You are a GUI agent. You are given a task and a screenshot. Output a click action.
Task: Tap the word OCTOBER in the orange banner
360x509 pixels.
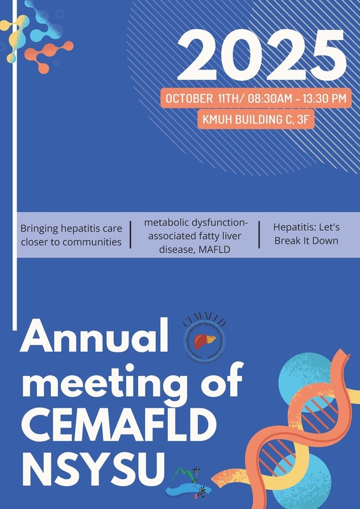tap(189, 99)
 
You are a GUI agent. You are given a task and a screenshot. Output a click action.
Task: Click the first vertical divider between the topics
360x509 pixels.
tap(130, 234)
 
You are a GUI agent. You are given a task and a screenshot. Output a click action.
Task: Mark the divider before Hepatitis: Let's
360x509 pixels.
tap(260, 234)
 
